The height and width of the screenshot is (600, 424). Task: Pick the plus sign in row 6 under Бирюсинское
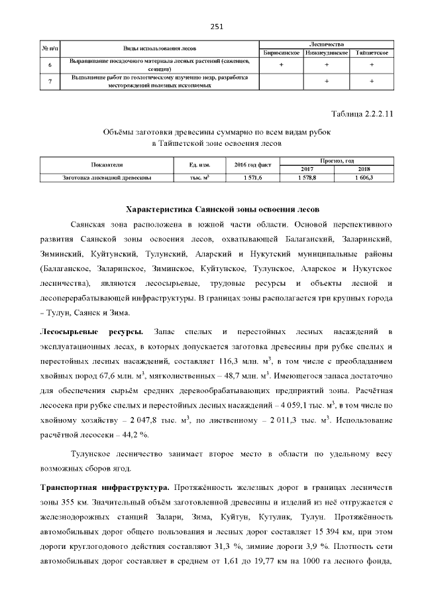(282, 65)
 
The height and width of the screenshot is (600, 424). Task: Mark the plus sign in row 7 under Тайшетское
(372, 81)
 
